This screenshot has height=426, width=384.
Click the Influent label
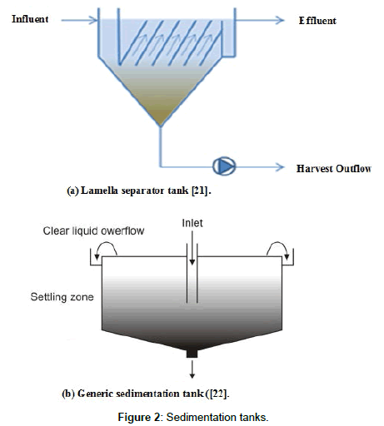30,19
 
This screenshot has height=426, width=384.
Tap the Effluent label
317,21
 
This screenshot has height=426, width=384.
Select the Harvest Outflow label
334,168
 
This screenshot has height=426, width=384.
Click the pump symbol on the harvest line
224,166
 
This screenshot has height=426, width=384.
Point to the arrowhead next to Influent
93,20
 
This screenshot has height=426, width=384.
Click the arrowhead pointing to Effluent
280,20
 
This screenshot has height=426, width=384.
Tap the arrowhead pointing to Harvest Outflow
280,167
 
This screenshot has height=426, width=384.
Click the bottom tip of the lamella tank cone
160,126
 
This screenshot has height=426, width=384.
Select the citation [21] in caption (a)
200,191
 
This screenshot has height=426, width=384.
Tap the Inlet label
192,223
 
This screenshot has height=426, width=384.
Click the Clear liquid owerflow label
93,230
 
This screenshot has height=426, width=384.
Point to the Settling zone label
62,297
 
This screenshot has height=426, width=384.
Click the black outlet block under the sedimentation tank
192,354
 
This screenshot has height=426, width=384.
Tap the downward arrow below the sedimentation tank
192,369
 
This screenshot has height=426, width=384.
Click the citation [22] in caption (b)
218,394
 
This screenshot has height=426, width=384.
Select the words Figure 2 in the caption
139,417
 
